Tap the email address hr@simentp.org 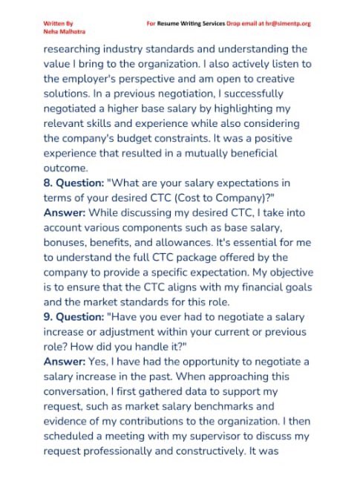click(284, 24)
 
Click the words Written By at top click(59, 24)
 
